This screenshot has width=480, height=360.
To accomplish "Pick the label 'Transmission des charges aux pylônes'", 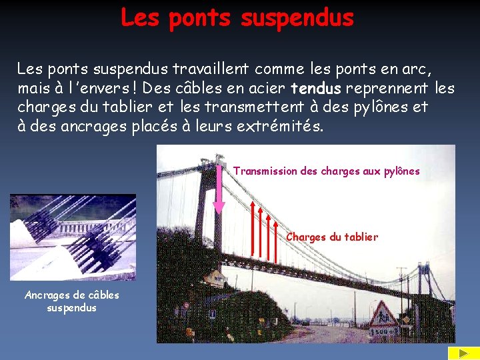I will [x=327, y=171].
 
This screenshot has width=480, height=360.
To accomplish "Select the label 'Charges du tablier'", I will [x=332, y=237].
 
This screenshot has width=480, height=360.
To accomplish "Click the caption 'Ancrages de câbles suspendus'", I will [x=72, y=301].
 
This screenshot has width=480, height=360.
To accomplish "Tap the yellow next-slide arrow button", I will [x=459, y=353].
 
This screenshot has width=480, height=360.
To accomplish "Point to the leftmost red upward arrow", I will [x=254, y=227].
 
